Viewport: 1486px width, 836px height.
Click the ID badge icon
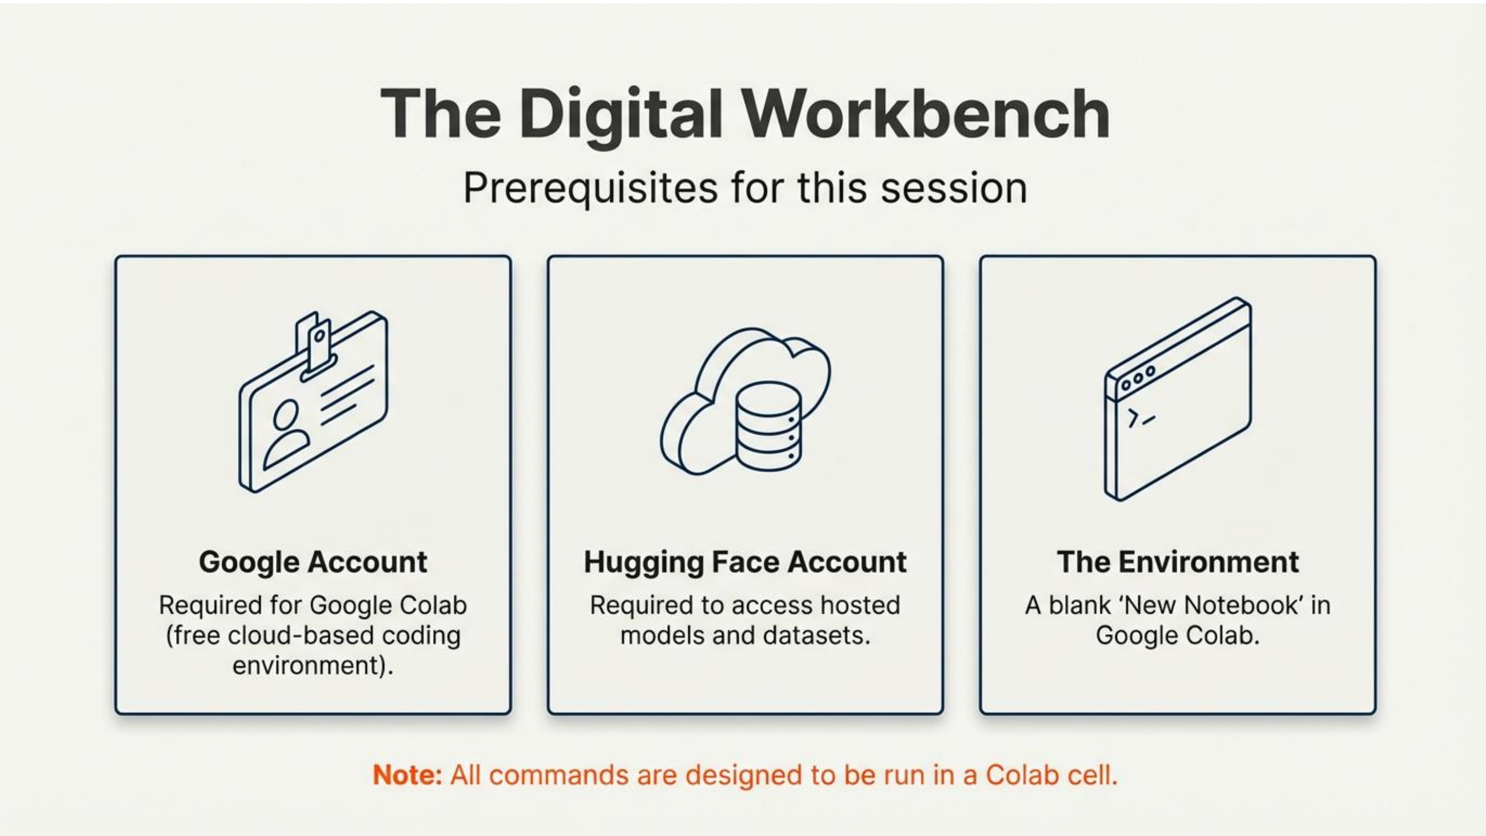click(x=313, y=401)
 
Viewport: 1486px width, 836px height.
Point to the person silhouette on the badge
click(x=285, y=434)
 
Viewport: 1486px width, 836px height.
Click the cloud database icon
click(x=745, y=401)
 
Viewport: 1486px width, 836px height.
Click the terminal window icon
click(x=1178, y=399)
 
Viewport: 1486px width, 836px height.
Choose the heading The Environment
click(x=1178, y=562)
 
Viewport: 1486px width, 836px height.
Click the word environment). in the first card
click(x=313, y=666)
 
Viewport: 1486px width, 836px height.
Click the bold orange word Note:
click(x=407, y=775)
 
